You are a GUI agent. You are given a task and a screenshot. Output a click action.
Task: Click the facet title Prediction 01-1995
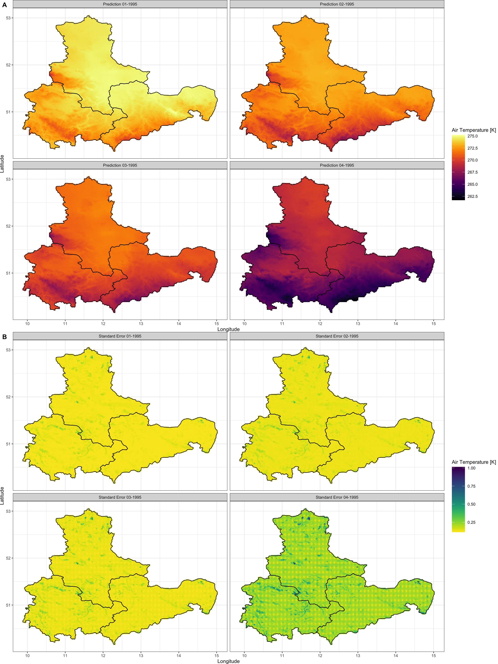pyautogui.click(x=120, y=4)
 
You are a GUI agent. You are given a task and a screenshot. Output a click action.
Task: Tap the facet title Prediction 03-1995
pyautogui.click(x=120, y=165)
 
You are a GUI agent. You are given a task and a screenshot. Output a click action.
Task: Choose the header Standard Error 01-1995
pyautogui.click(x=120, y=336)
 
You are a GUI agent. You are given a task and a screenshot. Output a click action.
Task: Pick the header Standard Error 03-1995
pyautogui.click(x=120, y=497)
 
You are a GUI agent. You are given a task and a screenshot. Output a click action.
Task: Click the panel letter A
pyautogui.click(x=4, y=5)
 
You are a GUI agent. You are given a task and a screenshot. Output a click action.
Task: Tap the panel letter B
pyautogui.click(x=4, y=337)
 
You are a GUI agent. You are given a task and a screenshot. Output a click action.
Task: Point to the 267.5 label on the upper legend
pyautogui.click(x=472, y=172)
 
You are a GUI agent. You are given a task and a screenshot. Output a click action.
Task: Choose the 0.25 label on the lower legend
pyautogui.click(x=471, y=522)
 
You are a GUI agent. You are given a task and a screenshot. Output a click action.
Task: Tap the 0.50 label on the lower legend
pyautogui.click(x=471, y=504)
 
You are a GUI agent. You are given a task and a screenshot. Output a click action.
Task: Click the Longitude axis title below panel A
pyautogui.click(x=228, y=329)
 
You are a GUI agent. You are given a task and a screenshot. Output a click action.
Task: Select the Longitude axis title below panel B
pyautogui.click(x=228, y=661)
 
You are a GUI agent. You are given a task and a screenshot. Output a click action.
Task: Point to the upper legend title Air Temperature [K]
pyautogui.click(x=473, y=130)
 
